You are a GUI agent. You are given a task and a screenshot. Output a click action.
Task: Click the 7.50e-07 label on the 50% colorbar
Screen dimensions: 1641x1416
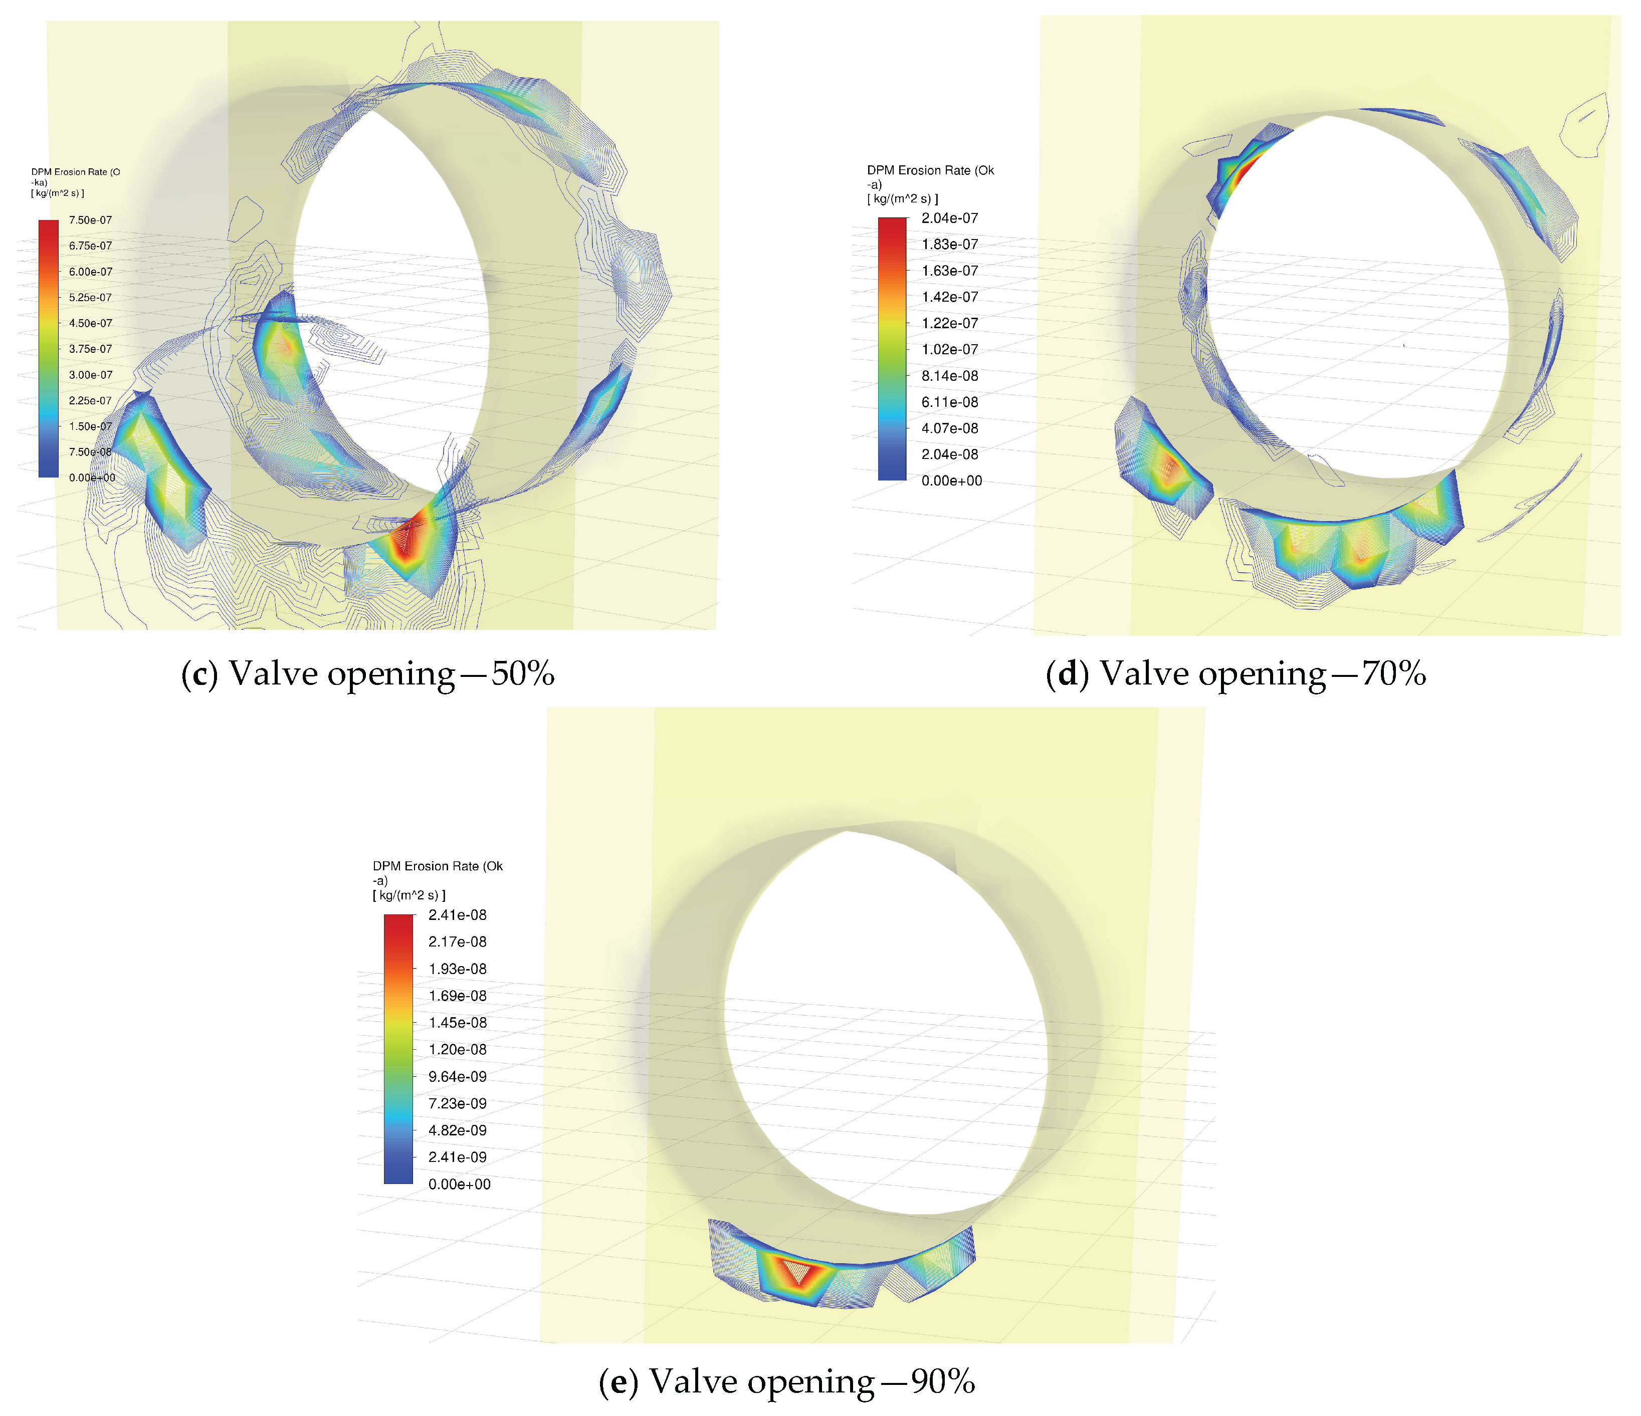(x=90, y=220)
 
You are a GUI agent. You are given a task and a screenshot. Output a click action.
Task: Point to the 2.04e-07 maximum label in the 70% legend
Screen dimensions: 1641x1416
(x=950, y=218)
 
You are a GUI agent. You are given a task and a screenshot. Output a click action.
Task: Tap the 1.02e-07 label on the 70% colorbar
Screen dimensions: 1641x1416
(x=950, y=349)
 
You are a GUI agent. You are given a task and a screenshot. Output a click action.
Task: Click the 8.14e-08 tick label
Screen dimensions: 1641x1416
(x=950, y=375)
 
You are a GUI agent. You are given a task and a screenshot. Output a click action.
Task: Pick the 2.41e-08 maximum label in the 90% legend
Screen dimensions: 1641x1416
(x=458, y=915)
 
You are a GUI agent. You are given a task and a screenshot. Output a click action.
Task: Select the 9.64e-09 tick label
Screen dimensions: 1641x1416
(x=458, y=1076)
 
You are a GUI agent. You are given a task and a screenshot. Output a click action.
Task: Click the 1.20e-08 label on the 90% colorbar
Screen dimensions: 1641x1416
(x=458, y=1049)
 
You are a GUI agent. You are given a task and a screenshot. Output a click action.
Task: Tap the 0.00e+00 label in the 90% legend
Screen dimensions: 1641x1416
(x=459, y=1184)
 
